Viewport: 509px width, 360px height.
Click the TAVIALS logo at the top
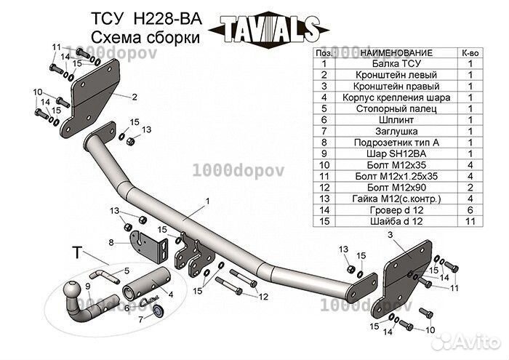[265, 31]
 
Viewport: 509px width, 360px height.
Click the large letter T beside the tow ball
[76, 253]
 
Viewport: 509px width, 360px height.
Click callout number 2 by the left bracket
[135, 95]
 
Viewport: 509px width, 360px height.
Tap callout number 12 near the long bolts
[264, 296]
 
